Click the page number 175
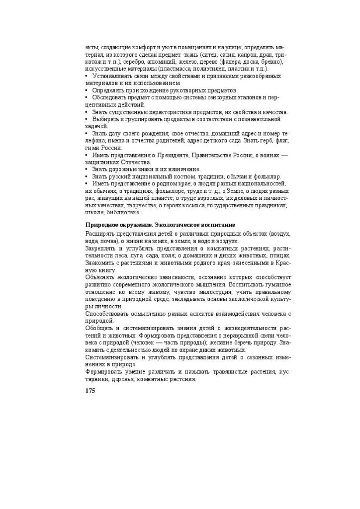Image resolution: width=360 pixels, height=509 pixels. [90, 390]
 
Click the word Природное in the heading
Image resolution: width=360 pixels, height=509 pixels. [101, 225]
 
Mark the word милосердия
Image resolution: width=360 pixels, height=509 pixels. [224, 292]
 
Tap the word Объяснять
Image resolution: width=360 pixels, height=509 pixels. [100, 277]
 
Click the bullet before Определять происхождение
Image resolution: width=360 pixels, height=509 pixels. [87, 90]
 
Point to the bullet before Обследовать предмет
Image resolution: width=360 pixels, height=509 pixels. [87, 97]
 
